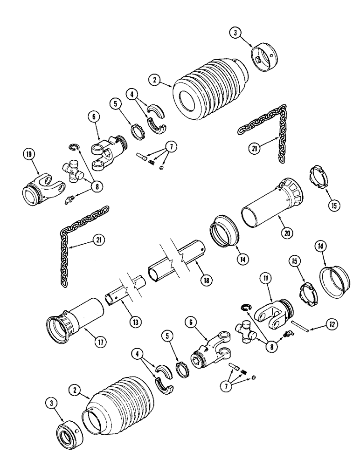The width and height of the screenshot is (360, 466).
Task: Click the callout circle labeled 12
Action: click(332, 324)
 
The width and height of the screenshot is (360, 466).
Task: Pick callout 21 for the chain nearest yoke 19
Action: click(98, 240)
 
